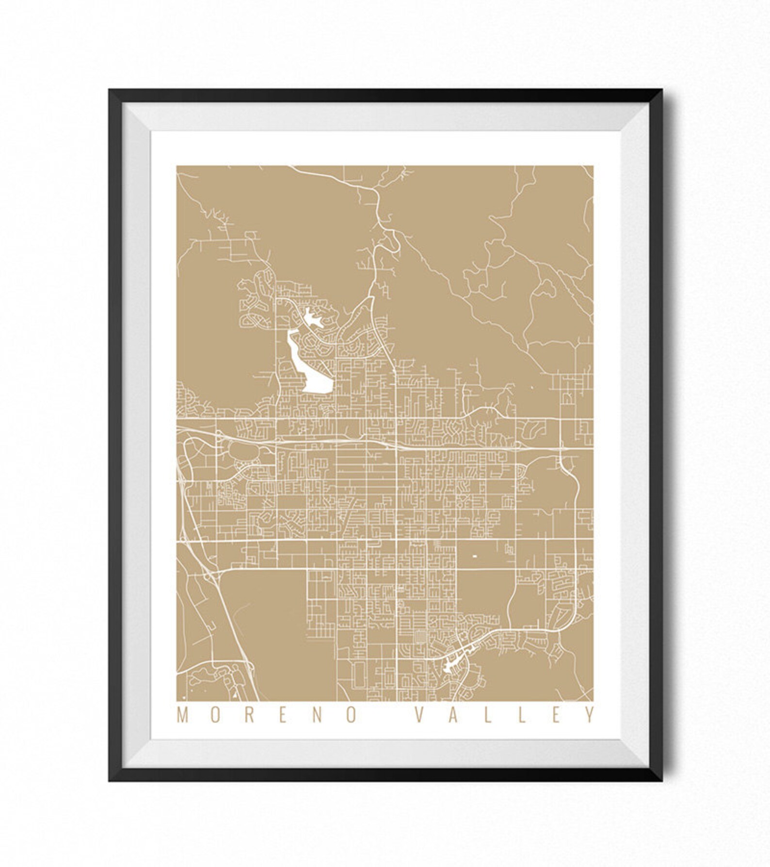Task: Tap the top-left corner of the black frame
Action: point(110,90)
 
